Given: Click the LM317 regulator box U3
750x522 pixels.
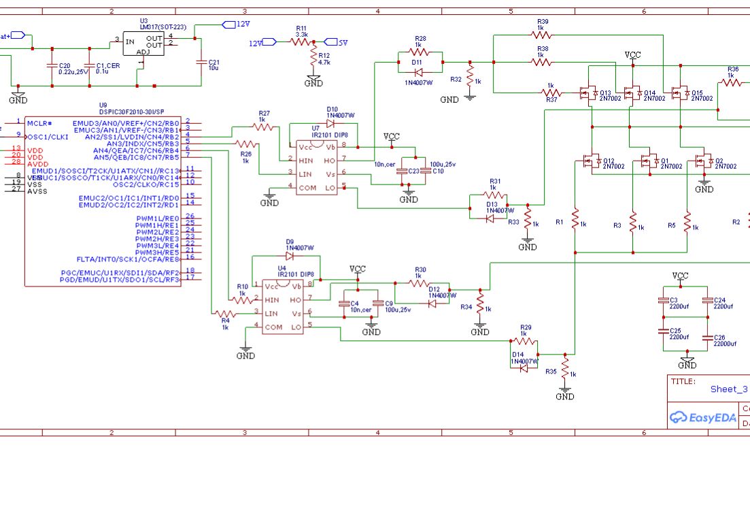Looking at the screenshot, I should (143, 44).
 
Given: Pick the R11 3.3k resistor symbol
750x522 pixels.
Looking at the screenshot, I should (301, 42).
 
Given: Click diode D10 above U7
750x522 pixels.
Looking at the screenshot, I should (330, 123).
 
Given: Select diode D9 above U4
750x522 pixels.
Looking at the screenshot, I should (290, 257).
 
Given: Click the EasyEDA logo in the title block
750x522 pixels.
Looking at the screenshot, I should (703, 417).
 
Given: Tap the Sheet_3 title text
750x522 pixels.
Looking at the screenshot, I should (728, 389).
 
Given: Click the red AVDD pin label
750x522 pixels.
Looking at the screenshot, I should (38, 163).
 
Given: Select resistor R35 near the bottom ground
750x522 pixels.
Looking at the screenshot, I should (564, 372).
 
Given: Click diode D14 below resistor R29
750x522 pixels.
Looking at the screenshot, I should (524, 368).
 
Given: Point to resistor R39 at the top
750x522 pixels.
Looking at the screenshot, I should (541, 34).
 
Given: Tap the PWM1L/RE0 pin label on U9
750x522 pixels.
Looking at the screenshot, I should (158, 218).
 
